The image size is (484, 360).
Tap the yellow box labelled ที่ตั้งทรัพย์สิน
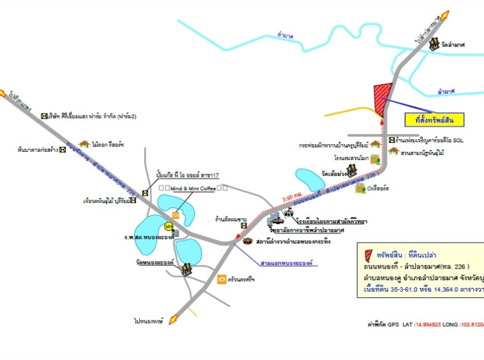pos(434,119)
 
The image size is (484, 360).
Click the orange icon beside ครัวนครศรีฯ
pos(222,279)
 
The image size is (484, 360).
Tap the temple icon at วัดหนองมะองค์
pos(186,269)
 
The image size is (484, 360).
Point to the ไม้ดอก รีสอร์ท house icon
pos(83,144)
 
